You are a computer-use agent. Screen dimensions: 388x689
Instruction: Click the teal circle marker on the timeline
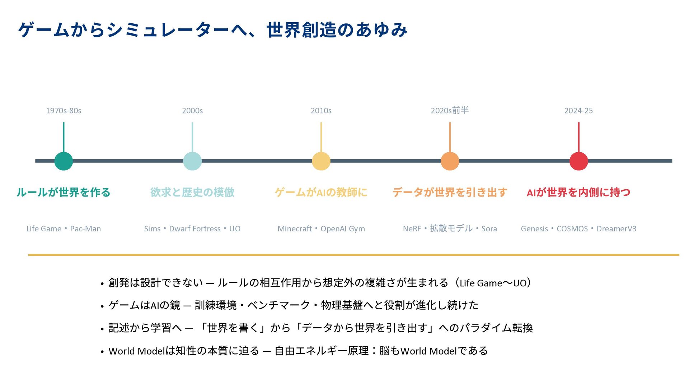click(64, 161)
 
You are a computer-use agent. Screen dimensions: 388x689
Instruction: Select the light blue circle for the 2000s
click(192, 161)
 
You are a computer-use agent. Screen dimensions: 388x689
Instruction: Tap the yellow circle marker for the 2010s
click(321, 161)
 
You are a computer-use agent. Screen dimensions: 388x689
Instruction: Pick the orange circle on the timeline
click(450, 161)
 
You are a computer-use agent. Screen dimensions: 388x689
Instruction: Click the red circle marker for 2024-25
click(578, 161)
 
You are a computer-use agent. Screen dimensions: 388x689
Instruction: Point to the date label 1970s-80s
click(64, 111)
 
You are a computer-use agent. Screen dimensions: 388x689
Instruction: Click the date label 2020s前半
click(450, 110)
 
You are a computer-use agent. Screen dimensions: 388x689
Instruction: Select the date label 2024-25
click(578, 111)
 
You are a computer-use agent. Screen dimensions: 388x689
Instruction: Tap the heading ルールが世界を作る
click(64, 193)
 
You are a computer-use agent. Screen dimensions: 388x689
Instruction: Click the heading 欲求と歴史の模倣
click(192, 193)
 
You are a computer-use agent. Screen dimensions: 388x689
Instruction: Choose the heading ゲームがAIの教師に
click(321, 193)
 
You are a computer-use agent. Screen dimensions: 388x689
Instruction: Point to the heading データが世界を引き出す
click(450, 193)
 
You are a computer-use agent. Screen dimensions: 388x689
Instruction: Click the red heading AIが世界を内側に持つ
click(578, 193)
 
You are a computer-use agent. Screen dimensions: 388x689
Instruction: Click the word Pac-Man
click(85, 229)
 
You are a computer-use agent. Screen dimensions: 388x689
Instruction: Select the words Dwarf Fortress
click(195, 229)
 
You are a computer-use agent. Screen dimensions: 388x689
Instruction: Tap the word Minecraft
click(295, 229)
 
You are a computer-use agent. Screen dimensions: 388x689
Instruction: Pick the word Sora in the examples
click(489, 229)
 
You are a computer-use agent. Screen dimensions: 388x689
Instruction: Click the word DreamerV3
click(616, 229)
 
